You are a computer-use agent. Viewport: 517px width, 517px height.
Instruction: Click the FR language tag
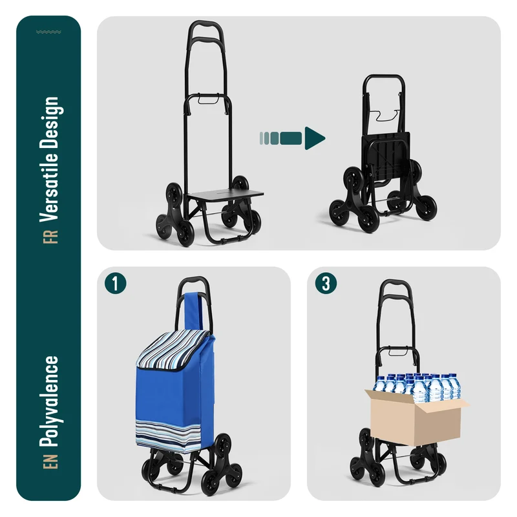pos(50,237)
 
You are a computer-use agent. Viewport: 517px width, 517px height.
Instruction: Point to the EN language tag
pos(50,461)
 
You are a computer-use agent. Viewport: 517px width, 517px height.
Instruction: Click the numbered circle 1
pos(116,283)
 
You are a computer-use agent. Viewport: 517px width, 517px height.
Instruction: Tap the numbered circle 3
pos(326,283)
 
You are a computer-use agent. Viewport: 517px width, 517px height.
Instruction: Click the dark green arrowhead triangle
pos(315,138)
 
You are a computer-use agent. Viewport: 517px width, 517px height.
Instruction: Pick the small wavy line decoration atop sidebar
pos(48,32)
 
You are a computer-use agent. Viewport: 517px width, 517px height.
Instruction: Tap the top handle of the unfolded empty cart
pos(205,25)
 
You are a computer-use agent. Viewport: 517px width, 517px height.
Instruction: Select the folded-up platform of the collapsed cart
pos(386,156)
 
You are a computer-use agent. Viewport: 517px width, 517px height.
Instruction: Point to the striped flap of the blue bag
pos(173,350)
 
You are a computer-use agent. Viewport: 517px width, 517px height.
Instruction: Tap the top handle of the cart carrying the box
pos(396,284)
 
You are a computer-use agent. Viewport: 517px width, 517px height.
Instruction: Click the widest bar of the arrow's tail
pos(291,138)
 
